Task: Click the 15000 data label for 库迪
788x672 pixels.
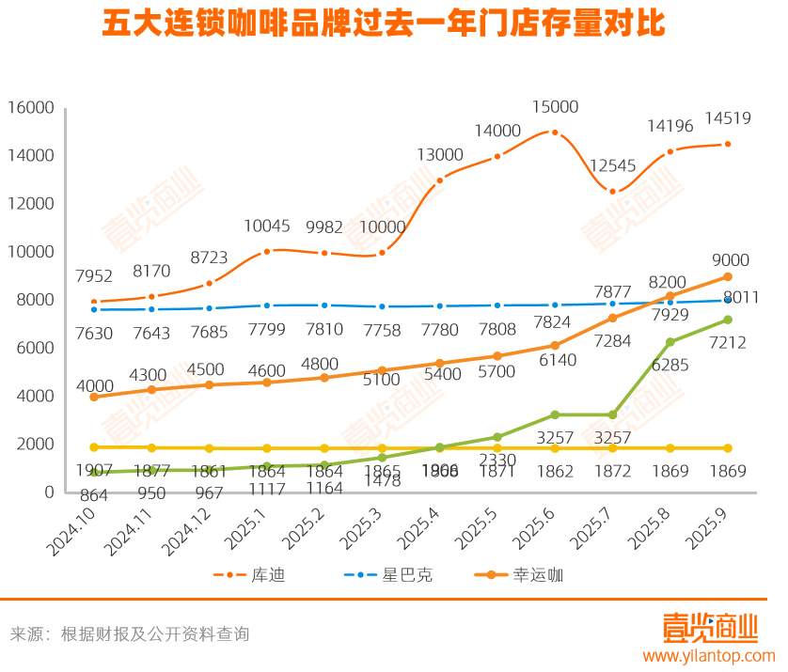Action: [x=555, y=107]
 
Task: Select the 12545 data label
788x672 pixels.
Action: [x=613, y=166]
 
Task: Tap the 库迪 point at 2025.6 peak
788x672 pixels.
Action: [x=555, y=133]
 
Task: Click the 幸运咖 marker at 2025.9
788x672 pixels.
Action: [x=728, y=277]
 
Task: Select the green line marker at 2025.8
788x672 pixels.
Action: [x=670, y=342]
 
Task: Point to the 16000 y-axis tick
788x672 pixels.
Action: [x=30, y=108]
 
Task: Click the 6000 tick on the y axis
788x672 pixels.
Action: [x=35, y=349]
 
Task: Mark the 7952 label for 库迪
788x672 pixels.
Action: [x=94, y=276]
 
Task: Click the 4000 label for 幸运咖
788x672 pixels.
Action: [x=94, y=386]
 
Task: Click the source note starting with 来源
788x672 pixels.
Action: [x=130, y=634]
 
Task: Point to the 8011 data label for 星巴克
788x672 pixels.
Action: [x=739, y=298]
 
